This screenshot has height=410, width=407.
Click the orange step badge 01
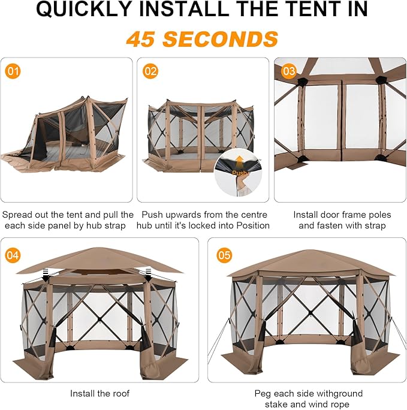pyautogui.click(x=13, y=71)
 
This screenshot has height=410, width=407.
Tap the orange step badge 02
pyautogui.click(x=150, y=71)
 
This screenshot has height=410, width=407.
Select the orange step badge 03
pyautogui.click(x=288, y=71)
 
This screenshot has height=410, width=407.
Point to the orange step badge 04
pyautogui.click(x=13, y=255)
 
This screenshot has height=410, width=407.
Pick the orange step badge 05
pyautogui.click(x=224, y=255)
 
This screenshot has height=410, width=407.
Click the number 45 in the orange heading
pyautogui.click(x=141, y=39)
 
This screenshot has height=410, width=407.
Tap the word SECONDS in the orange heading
pyautogui.click(x=221, y=39)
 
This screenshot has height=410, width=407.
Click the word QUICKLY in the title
pyautogui.click(x=84, y=9)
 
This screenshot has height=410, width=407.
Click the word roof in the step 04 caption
pyautogui.click(x=120, y=393)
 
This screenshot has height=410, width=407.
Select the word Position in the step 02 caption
pyautogui.click(x=253, y=225)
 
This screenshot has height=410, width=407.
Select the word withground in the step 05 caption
pyautogui.click(x=339, y=394)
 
